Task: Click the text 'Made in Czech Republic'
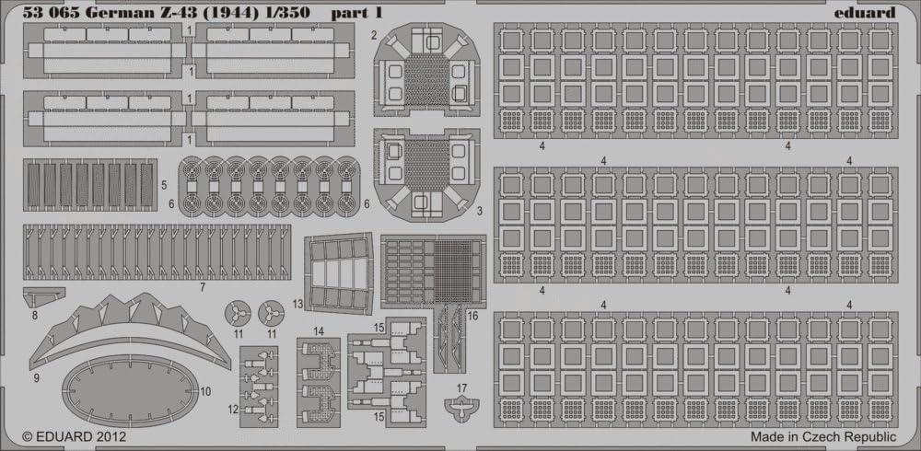[x=823, y=437]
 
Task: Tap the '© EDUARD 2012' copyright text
[x=74, y=437]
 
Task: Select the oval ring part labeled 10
[x=130, y=390]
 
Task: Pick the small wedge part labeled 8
[x=42, y=296]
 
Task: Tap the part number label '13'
[x=297, y=304]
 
